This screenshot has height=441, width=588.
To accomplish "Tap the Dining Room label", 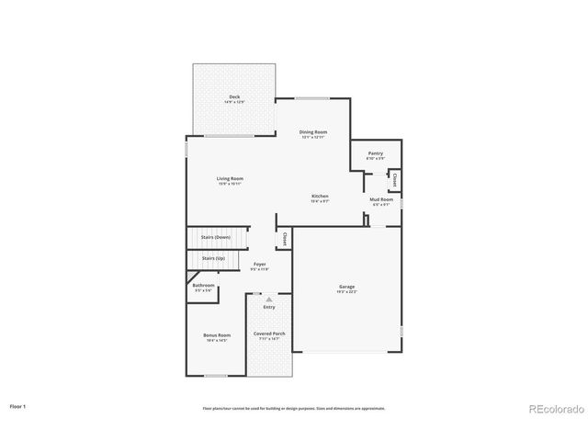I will click(313, 132).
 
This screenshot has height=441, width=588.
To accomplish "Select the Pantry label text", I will click(375, 153).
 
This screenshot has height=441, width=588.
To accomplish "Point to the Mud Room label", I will click(381, 199).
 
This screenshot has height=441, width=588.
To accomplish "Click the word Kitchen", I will click(320, 196).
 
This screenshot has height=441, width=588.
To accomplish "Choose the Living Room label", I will click(230, 178).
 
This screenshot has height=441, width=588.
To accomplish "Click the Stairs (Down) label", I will click(216, 237).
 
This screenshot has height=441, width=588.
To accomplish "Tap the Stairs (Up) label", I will click(213, 259).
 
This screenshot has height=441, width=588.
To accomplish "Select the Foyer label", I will click(260, 265).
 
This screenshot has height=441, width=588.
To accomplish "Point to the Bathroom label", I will click(203, 286).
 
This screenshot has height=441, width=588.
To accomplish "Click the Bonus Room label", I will click(217, 335).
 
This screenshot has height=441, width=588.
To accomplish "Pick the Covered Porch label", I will click(268, 334).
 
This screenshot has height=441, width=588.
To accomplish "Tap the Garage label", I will click(346, 287).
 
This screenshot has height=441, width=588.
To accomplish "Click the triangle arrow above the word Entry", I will click(269, 300).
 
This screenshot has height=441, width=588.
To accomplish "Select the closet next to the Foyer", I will click(285, 238).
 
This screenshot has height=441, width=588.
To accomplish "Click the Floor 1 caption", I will click(18, 406).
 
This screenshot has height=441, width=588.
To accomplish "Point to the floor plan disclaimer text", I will click(293, 408).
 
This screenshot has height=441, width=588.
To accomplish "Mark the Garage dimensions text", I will click(346, 292).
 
